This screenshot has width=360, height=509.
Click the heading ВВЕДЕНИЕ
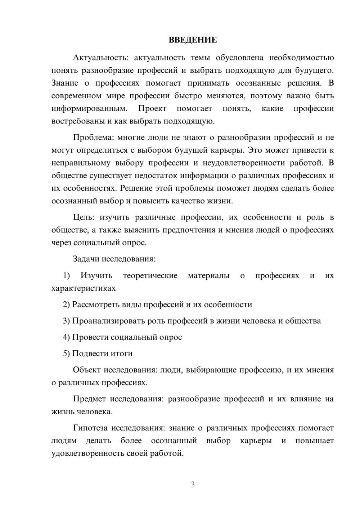(193, 40)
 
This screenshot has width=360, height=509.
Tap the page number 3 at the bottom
(193, 485)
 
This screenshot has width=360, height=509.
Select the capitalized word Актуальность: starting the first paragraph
(95, 58)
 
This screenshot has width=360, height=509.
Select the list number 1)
(67, 276)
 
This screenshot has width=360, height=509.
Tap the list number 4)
(67, 337)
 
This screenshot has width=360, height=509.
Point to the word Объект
(87, 370)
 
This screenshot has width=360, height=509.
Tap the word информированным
(89, 109)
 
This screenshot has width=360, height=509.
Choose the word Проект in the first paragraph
(152, 109)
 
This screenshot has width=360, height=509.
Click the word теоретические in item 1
(150, 276)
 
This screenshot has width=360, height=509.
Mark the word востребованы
(78, 121)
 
